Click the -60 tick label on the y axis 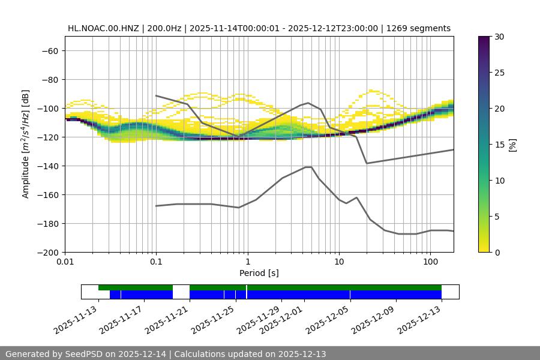(x=49, y=50)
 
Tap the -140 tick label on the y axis (x=47, y=166)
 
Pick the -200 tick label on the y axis (x=47, y=252)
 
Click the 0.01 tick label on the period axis (x=65, y=262)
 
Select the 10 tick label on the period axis (x=339, y=262)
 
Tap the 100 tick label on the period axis (x=430, y=262)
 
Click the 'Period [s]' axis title (x=259, y=273)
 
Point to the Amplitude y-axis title (x=26, y=144)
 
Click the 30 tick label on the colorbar (x=498, y=37)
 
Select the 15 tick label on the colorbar (x=498, y=145)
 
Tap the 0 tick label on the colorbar (x=496, y=252)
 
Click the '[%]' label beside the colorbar (x=512, y=145)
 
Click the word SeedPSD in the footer (x=85, y=354)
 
